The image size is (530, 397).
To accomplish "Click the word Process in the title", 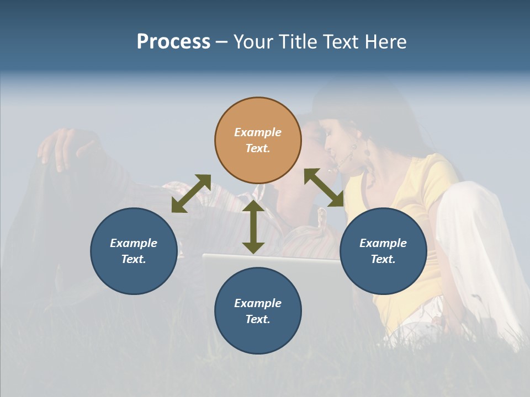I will [173, 42].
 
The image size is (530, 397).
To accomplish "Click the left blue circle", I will [134, 251].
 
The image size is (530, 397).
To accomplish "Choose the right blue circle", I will [383, 251].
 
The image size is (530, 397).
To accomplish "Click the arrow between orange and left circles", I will [191, 194].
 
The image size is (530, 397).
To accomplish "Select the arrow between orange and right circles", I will [324, 187].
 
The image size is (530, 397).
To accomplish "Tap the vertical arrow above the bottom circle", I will [253, 227].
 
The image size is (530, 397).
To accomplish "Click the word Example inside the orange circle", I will [258, 132].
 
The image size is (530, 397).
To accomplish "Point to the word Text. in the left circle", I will [134, 259].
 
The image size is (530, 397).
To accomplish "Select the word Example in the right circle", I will [383, 243].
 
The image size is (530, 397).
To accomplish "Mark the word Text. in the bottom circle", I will [258, 319].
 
